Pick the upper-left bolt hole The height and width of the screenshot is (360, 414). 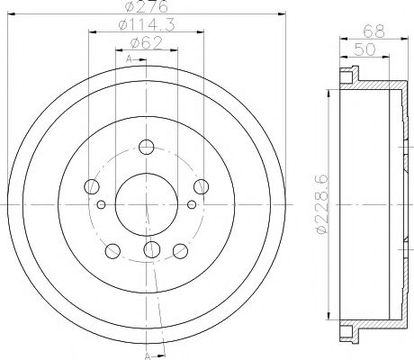click(x=91, y=186)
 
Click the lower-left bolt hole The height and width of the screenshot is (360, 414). click(x=112, y=249)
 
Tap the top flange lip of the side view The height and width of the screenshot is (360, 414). click(x=347, y=73)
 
